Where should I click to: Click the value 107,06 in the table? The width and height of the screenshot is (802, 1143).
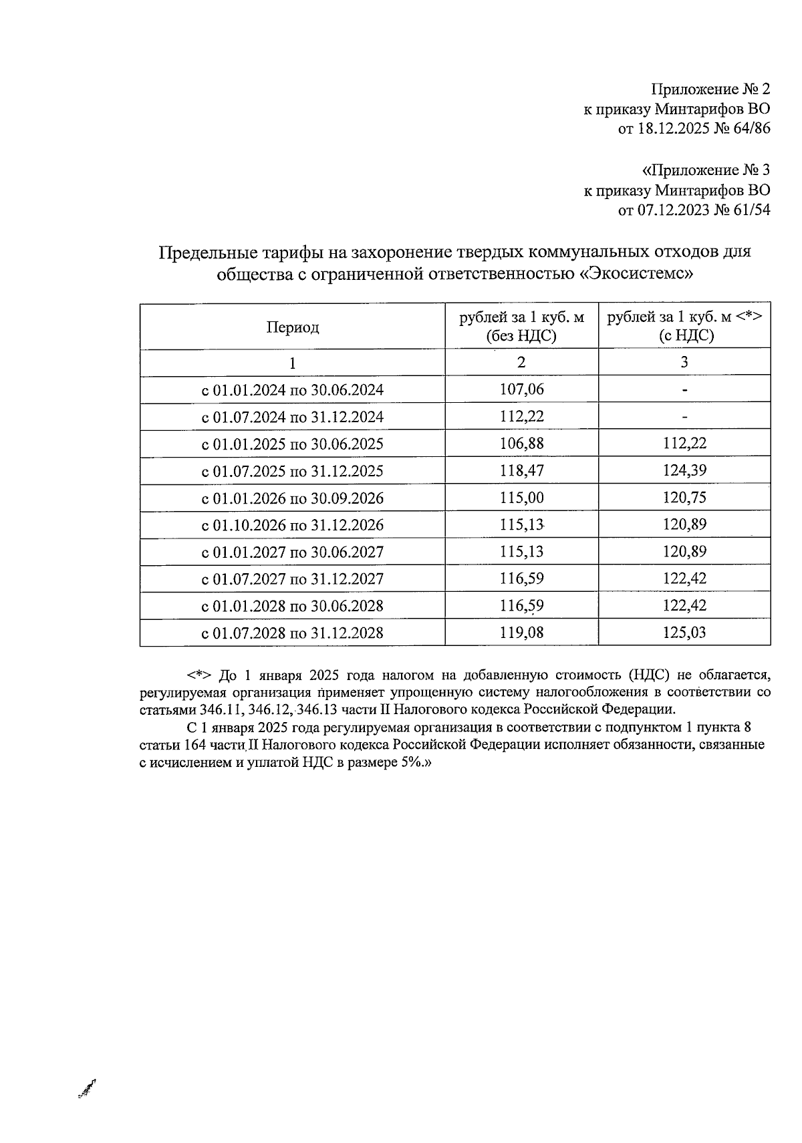[521, 389]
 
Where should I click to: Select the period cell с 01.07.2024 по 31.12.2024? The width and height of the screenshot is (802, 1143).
[293, 418]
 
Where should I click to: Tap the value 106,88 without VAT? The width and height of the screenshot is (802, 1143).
[521, 444]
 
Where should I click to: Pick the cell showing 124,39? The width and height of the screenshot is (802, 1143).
[684, 471]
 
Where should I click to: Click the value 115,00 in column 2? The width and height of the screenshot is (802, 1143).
[521, 498]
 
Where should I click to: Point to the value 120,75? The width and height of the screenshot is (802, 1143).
[684, 498]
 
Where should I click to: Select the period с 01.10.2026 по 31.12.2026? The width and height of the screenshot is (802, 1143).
[293, 526]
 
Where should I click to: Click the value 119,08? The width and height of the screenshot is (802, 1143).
[521, 633]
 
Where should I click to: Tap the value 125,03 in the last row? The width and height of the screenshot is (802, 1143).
[684, 633]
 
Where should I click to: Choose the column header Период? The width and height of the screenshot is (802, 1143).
[293, 327]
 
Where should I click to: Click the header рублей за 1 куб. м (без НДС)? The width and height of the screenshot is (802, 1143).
[521, 327]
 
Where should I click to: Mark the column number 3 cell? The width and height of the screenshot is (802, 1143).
[684, 363]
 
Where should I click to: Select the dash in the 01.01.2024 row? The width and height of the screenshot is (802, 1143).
[684, 390]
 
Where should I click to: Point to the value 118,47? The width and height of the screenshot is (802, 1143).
[521, 471]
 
